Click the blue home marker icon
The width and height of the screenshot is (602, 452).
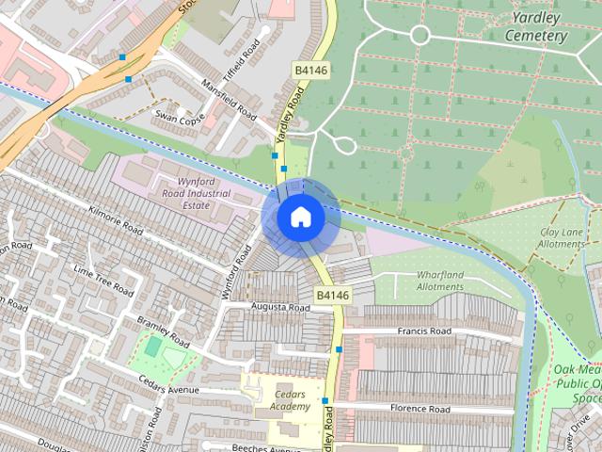[x=300, y=218]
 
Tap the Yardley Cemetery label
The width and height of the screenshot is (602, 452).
[x=536, y=26]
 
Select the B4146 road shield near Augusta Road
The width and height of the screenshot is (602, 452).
[x=332, y=296]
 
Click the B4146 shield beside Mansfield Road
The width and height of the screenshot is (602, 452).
[x=309, y=70]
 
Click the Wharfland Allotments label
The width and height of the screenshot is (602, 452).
[x=440, y=281]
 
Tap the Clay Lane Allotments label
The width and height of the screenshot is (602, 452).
[x=562, y=238]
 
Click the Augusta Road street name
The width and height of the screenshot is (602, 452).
[x=280, y=308]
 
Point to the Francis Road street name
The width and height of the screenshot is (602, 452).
[x=424, y=331]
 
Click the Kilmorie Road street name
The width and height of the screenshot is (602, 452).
[x=114, y=221]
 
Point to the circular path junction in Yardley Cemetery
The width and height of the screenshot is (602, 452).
[x=420, y=36]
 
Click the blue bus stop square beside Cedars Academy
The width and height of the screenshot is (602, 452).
[x=325, y=400]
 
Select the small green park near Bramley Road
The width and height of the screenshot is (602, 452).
[x=152, y=347]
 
